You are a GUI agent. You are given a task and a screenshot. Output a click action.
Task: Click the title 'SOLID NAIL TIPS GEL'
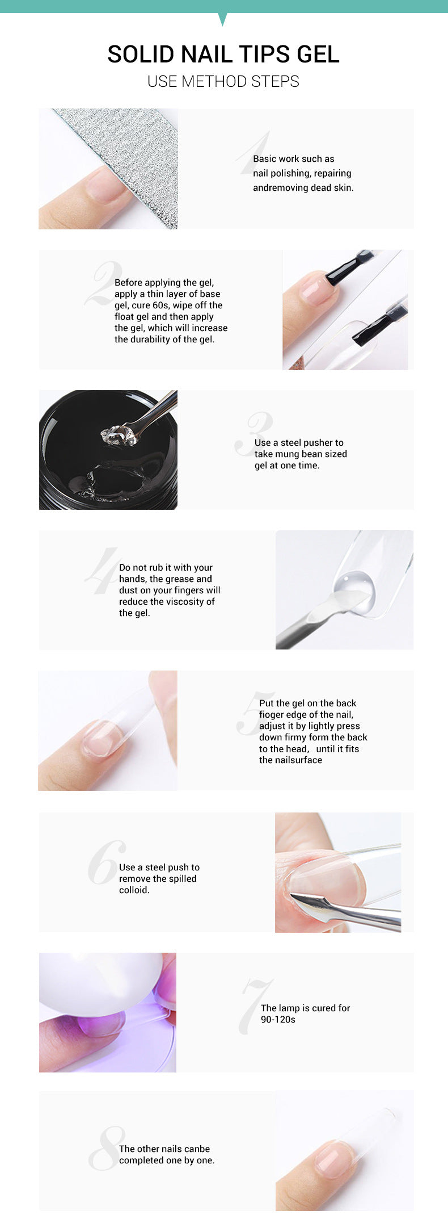click(223, 55)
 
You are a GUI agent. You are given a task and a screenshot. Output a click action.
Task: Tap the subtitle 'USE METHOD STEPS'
click(223, 82)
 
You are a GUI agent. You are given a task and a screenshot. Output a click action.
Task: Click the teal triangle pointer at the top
click(222, 19)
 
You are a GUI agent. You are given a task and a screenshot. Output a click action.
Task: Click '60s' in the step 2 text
click(161, 305)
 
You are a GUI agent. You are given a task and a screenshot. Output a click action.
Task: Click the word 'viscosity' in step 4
click(185, 602)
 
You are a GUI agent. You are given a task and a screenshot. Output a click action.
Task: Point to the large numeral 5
click(255, 714)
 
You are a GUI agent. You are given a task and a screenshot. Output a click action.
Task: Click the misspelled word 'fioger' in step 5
click(272, 715)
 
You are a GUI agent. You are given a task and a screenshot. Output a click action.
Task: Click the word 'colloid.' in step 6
click(134, 890)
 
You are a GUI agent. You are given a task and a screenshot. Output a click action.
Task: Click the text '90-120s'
click(278, 1020)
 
